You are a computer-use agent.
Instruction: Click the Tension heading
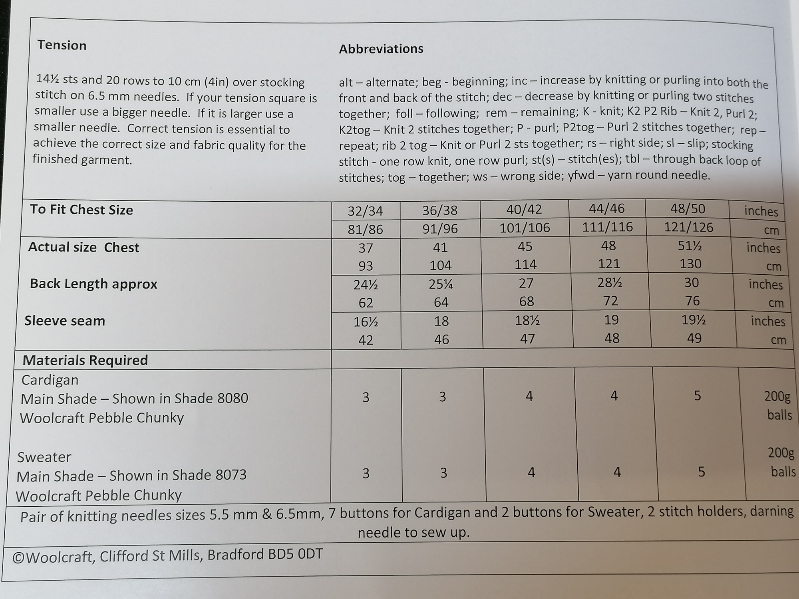[62, 45]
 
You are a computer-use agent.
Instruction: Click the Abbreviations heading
[381, 49]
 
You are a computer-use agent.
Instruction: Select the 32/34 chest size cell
[366, 211]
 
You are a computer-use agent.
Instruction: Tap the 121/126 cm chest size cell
[688, 227]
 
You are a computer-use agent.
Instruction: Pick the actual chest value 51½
[690, 246]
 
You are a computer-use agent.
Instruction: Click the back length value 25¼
[441, 284]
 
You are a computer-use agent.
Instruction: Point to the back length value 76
[692, 300]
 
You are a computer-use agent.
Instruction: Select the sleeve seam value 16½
[366, 322]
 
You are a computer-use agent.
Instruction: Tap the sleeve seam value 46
[441, 339]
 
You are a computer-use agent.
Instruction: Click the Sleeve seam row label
[65, 321]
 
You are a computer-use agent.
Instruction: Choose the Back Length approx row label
[93, 284]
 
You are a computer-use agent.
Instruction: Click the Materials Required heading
[85, 360]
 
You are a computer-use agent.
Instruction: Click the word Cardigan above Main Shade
[50, 380]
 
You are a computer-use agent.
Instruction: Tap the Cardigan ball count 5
[697, 396]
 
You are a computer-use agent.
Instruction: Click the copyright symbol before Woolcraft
[18, 557]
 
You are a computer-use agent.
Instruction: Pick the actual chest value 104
[441, 265]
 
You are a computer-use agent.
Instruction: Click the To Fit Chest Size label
[81, 210]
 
